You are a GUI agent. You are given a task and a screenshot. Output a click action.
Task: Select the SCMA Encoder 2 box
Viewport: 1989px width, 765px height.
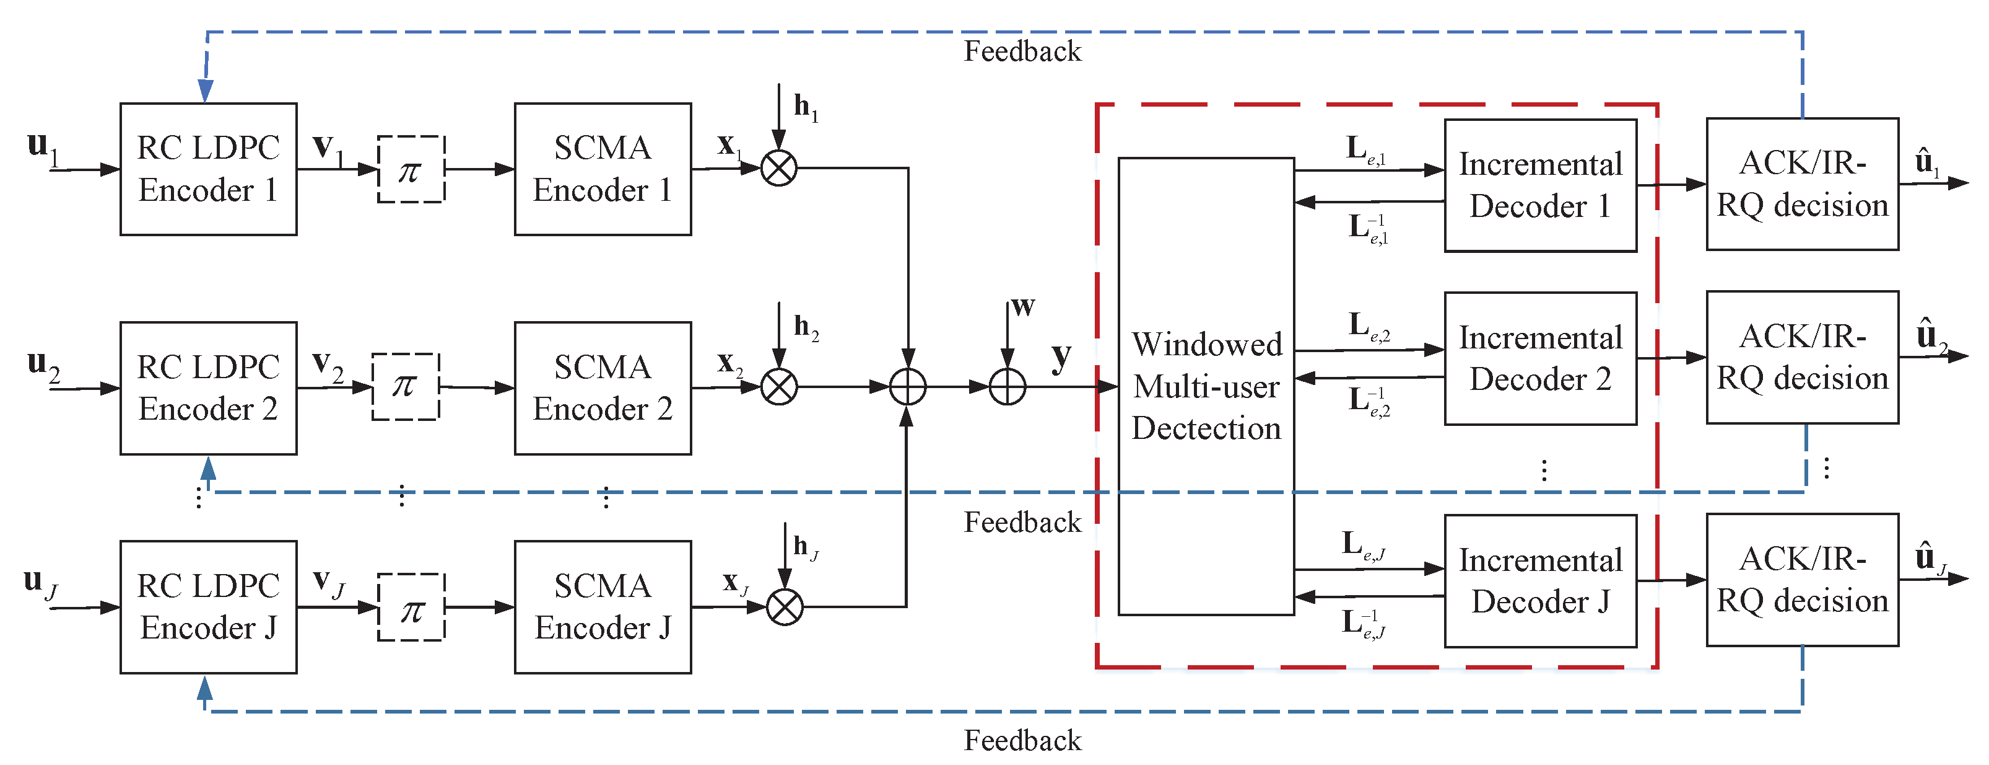point(603,388)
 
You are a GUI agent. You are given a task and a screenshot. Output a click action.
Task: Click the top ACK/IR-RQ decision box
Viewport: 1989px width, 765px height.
point(1801,184)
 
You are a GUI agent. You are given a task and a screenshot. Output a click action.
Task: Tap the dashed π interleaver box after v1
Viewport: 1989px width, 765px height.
point(411,169)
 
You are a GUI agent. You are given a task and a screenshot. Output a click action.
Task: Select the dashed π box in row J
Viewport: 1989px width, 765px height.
point(411,608)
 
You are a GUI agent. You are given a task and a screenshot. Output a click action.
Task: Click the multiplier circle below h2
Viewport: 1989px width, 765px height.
point(778,387)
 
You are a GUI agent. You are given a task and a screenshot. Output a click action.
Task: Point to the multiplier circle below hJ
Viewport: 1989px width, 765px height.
point(785,608)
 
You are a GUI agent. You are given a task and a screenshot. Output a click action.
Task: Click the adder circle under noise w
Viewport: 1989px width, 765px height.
point(1007,387)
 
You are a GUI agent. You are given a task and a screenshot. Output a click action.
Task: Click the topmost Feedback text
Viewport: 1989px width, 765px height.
point(1022,52)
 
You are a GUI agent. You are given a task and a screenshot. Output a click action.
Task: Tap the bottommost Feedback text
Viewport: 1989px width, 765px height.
point(1022,740)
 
